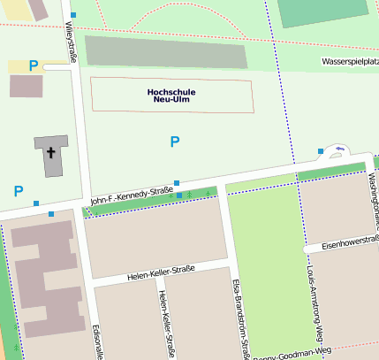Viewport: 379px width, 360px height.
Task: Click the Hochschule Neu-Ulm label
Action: (x=171, y=95)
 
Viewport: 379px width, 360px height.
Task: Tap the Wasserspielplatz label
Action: (x=350, y=64)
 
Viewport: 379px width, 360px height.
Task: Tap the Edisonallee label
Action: (x=98, y=341)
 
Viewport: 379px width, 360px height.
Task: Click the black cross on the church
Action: (x=51, y=153)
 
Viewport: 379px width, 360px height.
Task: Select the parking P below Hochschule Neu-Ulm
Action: (x=175, y=142)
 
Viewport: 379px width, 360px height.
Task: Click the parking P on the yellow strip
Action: (x=34, y=65)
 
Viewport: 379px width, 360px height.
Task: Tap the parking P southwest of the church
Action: (x=18, y=190)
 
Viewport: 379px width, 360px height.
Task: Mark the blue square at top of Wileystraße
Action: (x=73, y=15)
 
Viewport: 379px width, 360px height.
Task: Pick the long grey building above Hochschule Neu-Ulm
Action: (x=166, y=52)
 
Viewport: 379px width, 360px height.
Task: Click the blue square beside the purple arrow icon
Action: (x=321, y=151)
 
